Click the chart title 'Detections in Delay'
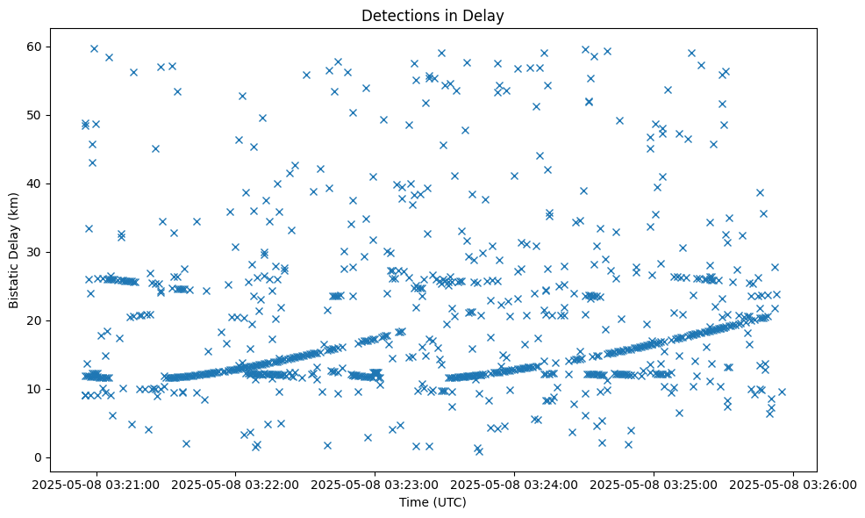pyautogui.click(x=432, y=15)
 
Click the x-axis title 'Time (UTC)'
pyautogui.click(x=432, y=502)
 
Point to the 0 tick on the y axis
pyautogui.click(x=38, y=457)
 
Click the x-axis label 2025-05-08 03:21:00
pyautogui.click(x=97, y=484)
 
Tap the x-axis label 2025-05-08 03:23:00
pyautogui.click(x=375, y=484)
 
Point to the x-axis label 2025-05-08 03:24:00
pyautogui.click(x=515, y=484)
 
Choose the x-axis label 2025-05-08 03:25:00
pyautogui.click(x=654, y=484)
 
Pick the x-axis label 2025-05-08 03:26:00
pyautogui.click(x=793, y=484)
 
